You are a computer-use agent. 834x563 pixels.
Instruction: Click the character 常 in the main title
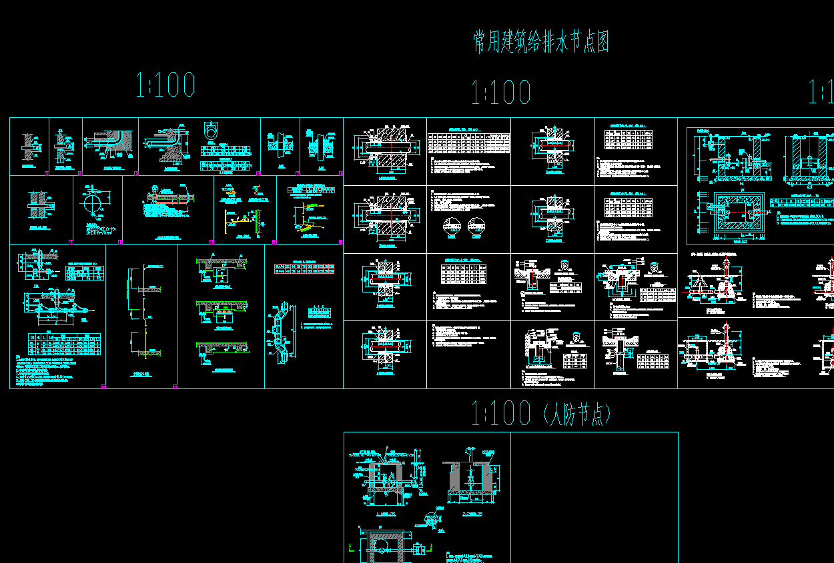480,42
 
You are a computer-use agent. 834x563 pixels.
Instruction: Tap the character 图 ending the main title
601,42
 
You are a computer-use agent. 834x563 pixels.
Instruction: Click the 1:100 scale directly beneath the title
501,93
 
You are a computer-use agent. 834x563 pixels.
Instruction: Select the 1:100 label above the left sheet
165,85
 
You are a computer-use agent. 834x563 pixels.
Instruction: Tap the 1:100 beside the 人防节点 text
501,414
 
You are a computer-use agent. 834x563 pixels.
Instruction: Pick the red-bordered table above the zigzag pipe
304,268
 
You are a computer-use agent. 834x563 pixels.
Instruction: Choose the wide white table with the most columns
468,143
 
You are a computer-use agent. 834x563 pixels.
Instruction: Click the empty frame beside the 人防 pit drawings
594,496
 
